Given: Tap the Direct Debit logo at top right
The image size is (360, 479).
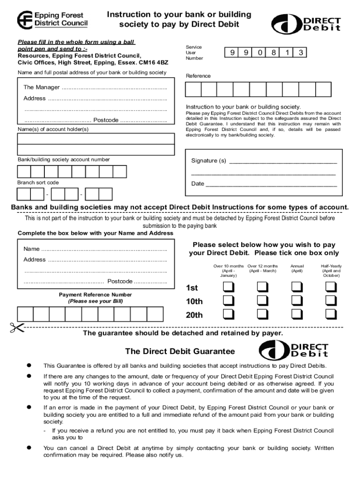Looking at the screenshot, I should point(306,23).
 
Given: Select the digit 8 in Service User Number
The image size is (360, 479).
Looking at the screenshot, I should point(273,53).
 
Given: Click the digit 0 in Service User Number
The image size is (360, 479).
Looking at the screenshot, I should point(259,53).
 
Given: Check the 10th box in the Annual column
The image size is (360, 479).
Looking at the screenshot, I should point(297,300).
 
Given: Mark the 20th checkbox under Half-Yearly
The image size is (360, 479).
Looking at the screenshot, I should point(331,314).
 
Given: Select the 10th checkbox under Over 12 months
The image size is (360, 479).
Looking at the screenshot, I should point(262,300).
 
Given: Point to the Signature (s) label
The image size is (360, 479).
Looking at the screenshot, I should point(209,161).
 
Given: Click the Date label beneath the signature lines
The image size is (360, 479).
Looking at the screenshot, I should point(197,184).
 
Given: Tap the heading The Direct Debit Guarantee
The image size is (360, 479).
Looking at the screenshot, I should point(180,351).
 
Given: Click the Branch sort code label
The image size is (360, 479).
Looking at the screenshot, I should point(38,182).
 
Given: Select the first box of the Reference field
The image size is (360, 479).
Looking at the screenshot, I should point(193,90).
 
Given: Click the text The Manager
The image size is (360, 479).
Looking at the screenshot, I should point(42,87).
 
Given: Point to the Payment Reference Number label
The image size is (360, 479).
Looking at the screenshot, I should point(95,295).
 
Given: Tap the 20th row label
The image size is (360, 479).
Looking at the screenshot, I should point(194,315).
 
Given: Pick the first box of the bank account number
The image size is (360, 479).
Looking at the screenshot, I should point(24,172).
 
